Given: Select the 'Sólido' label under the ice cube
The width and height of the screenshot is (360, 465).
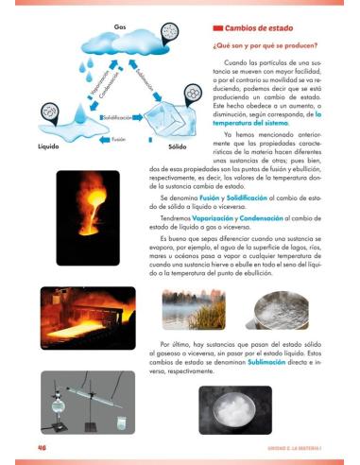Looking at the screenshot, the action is [x=177, y=147].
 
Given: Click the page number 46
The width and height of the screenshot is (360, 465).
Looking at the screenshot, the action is [x=43, y=446].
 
